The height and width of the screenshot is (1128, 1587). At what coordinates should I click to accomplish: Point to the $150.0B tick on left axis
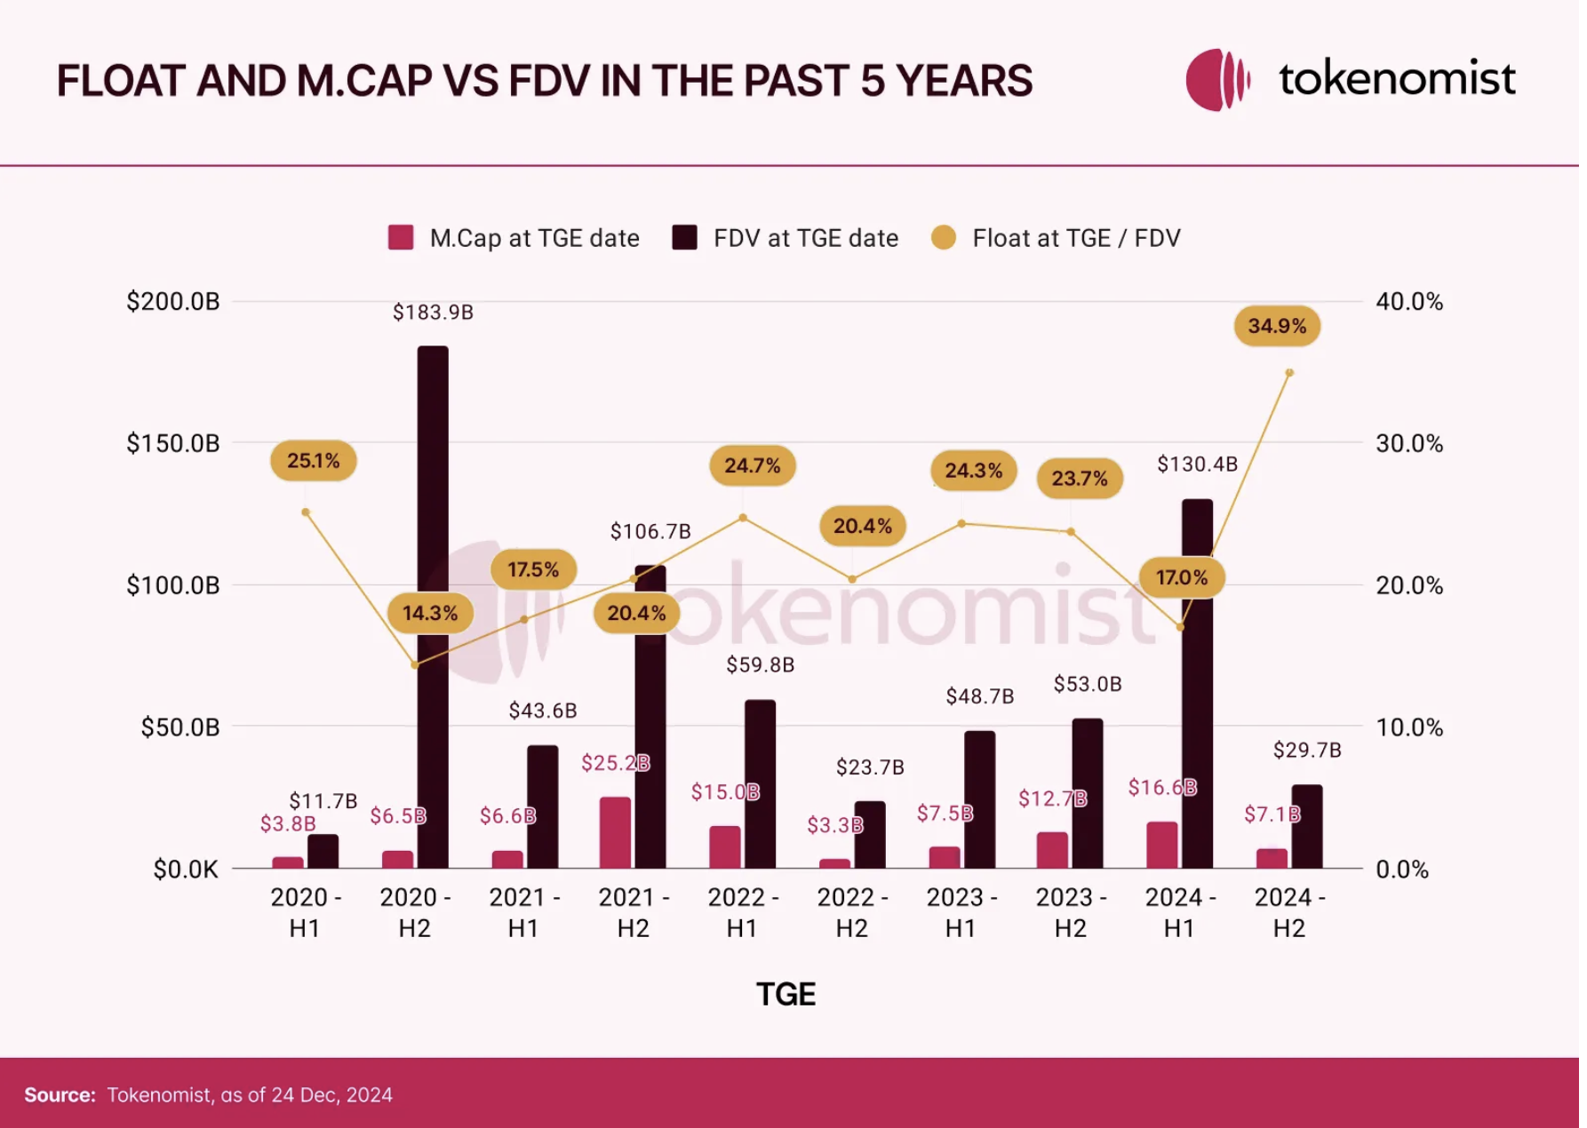173,443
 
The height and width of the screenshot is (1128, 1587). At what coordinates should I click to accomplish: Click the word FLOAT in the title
121,81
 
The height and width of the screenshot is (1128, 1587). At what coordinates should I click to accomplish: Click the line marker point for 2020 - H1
307,512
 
